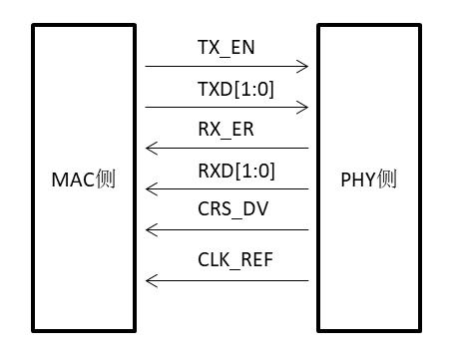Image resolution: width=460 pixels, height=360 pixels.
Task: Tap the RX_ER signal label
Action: pos(227,130)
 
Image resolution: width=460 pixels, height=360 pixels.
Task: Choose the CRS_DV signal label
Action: pos(227,211)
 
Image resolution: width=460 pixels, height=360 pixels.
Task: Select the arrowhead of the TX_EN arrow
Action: pos(303,67)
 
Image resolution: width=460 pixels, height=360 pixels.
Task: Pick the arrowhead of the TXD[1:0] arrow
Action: pos(303,107)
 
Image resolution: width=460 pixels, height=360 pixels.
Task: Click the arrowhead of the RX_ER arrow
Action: pos(150,148)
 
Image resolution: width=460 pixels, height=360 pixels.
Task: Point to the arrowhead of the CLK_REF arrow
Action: pos(150,280)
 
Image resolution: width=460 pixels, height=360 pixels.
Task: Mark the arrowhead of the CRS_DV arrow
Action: pos(150,229)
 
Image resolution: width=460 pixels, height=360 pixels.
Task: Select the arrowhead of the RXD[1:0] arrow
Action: pos(150,188)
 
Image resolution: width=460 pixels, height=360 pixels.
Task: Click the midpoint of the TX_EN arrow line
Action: pos(227,67)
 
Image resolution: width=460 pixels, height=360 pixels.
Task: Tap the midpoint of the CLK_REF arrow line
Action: pos(227,280)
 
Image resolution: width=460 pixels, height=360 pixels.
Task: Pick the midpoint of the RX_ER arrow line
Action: pos(227,148)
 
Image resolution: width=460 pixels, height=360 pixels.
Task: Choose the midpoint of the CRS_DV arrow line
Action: pos(227,229)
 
